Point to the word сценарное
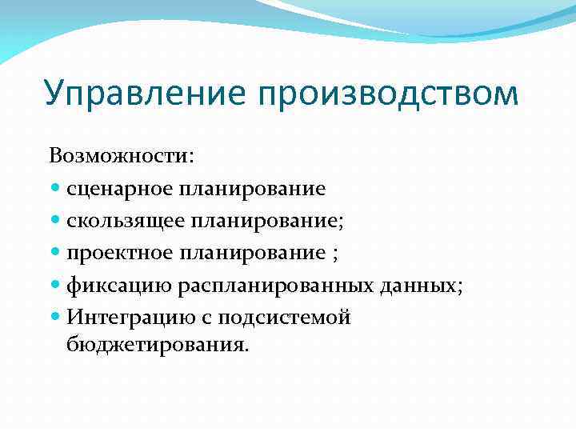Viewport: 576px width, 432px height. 120,189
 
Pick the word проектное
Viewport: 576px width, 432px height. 120,253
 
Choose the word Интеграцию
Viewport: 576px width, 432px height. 123,317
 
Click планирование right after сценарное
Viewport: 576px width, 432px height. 252,189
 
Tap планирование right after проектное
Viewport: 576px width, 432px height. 252,253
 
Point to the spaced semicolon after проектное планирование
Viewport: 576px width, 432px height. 334,254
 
